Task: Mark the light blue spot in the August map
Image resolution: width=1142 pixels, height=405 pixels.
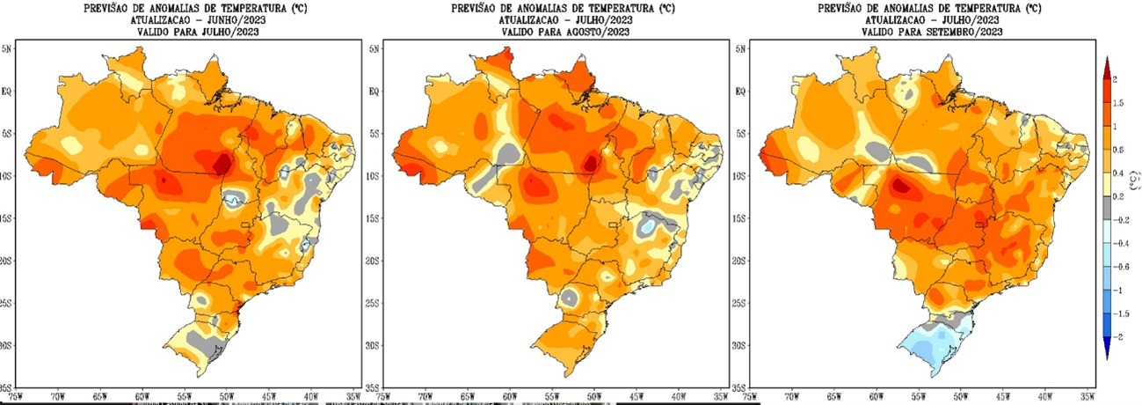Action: (648, 227)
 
